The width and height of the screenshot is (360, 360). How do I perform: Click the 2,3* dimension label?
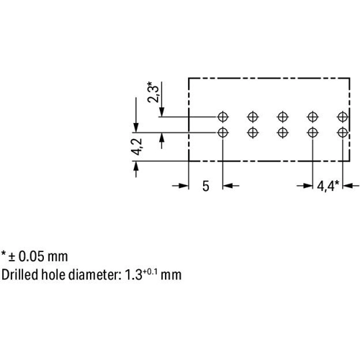153,92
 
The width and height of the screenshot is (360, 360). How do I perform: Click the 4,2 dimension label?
137,147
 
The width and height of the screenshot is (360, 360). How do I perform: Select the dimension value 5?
206,186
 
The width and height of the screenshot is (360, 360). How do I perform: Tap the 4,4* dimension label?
328,186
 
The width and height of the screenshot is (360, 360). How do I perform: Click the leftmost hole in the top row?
222,117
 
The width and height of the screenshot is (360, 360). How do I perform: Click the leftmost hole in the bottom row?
222,132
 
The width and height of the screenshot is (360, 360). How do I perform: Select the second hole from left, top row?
253,117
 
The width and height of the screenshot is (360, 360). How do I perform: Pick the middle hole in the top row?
283,117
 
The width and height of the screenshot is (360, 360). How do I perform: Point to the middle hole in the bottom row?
283,132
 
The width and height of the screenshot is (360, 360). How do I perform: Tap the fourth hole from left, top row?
312,117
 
